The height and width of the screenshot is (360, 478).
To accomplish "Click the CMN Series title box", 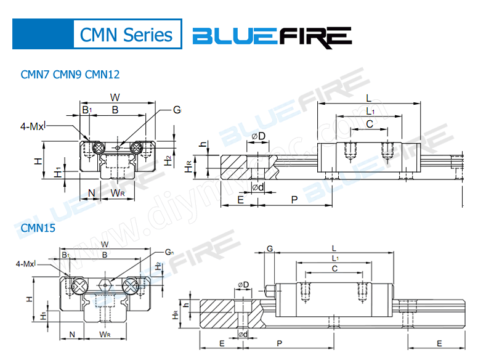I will click(126, 35).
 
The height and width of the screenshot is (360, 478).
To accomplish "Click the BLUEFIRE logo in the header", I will click(272, 36).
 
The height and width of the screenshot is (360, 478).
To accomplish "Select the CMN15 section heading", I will click(38, 227).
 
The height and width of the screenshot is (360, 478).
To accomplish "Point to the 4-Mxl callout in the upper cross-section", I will click(33, 126).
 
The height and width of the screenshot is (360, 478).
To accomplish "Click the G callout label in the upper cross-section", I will click(177, 110).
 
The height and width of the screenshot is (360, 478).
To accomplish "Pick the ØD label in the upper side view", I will click(258, 136).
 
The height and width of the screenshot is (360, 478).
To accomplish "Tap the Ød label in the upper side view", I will click(258, 187).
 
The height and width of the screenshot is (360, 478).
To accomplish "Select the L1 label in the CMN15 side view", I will click(334, 257).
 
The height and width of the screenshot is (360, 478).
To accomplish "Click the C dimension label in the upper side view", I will click(369, 123).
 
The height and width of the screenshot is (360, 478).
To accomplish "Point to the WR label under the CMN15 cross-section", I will click(105, 335).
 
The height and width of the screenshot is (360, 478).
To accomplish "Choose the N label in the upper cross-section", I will click(91, 193).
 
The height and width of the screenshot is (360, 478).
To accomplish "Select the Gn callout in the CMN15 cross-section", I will click(169, 253).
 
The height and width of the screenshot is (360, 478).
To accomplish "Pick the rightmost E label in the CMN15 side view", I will click(439, 343).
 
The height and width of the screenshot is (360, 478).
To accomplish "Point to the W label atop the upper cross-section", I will click(115, 97).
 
